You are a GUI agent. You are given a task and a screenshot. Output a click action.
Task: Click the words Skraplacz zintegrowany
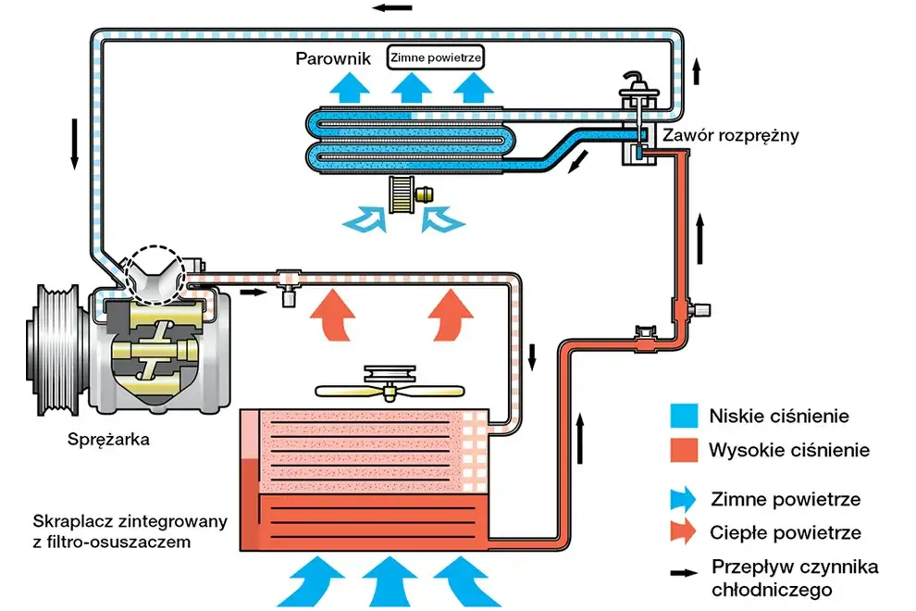130,522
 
